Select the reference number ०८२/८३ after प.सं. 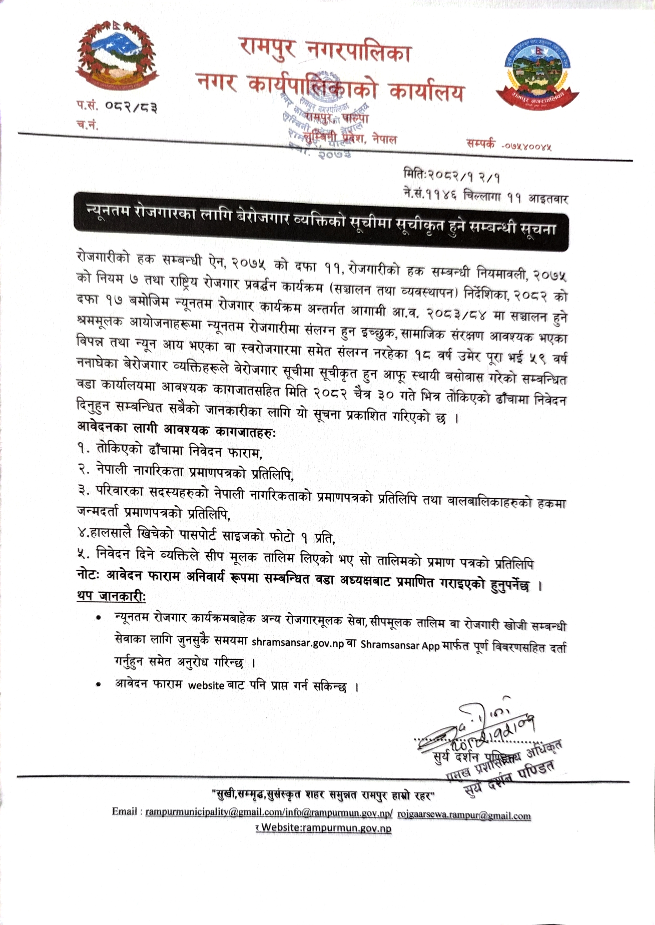coord(131,107)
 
